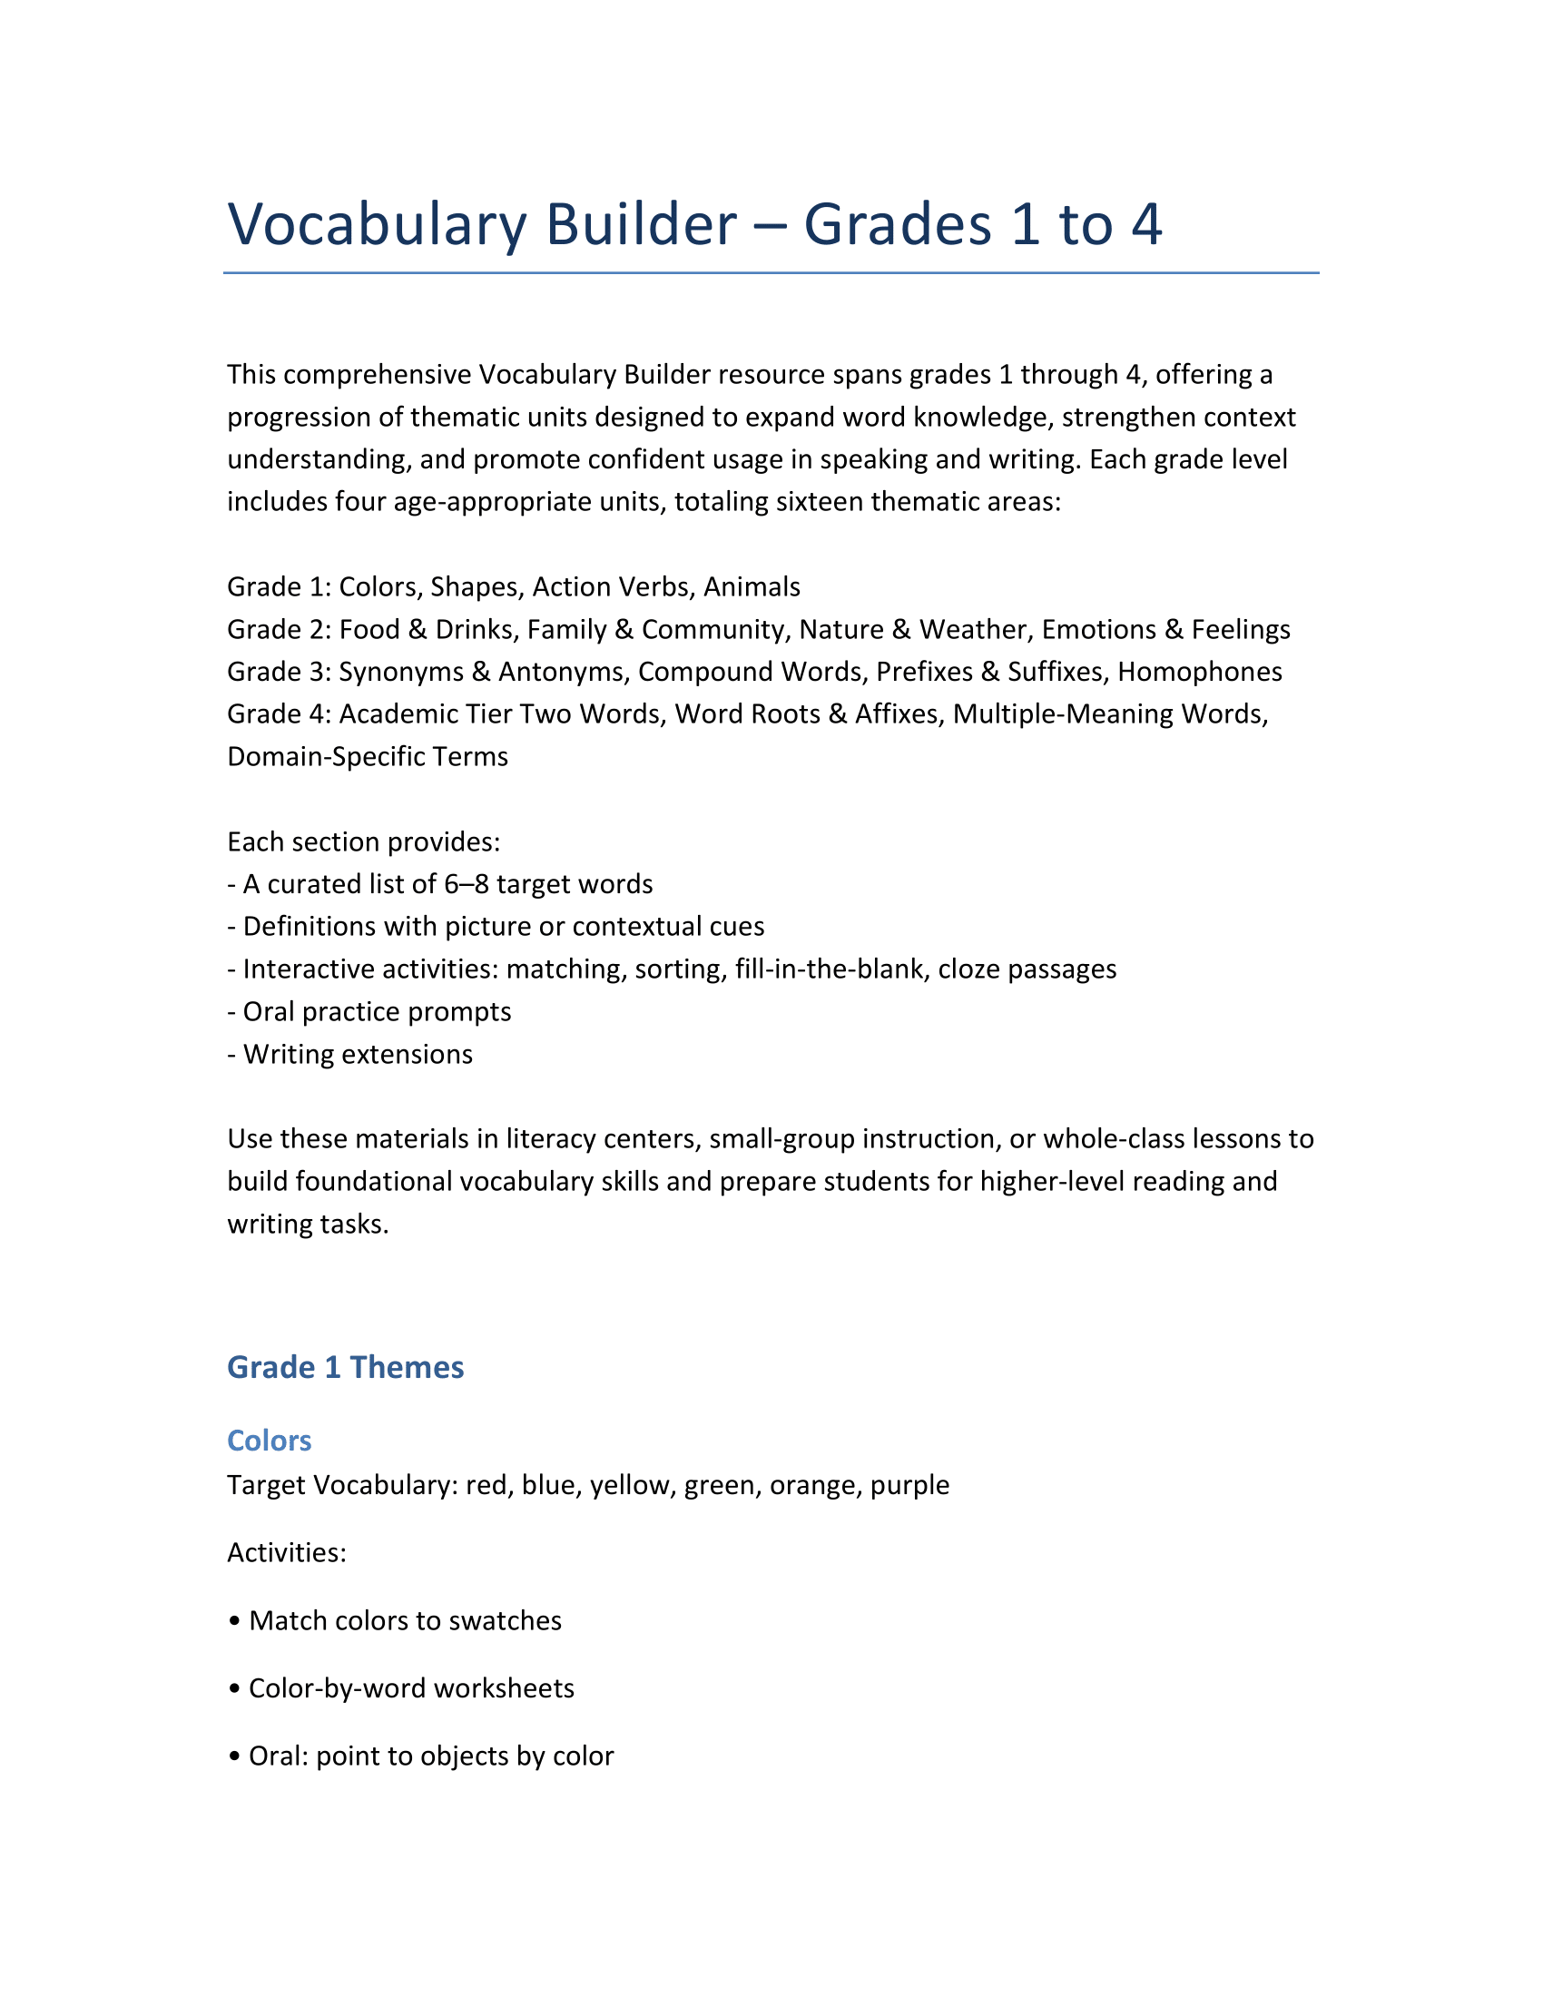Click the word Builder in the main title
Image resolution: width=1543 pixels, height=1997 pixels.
641,224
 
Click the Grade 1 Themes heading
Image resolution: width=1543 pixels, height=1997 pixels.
345,1367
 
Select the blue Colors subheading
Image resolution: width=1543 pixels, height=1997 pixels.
269,1441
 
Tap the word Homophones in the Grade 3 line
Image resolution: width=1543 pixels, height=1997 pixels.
1199,671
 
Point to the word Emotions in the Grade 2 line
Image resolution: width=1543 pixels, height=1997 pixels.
1100,629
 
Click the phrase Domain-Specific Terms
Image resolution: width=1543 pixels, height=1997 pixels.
368,756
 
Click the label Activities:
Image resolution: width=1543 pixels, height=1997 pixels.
286,1552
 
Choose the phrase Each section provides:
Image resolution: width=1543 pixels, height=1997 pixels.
363,841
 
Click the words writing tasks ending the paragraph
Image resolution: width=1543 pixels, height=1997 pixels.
308,1224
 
